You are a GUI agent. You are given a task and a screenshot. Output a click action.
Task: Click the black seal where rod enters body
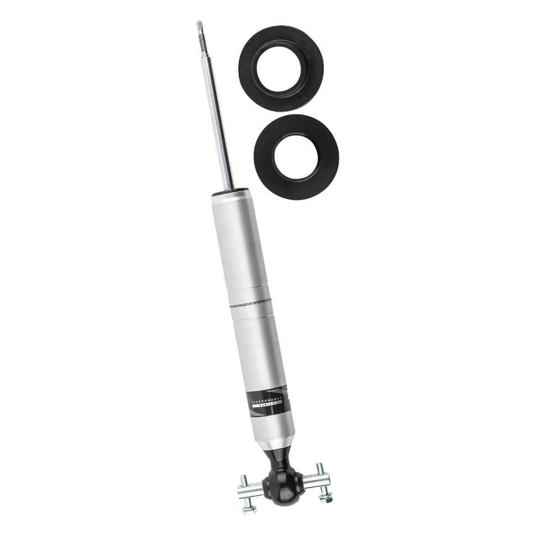pyautogui.click(x=229, y=192)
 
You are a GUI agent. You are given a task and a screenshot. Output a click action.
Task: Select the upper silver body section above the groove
pyautogui.click(x=235, y=243)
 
